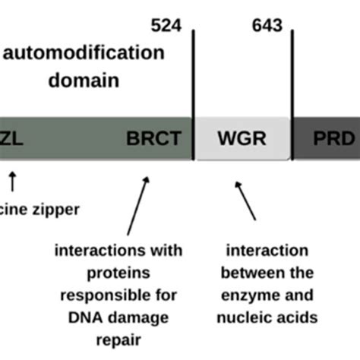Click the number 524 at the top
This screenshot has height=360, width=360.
coord(166,26)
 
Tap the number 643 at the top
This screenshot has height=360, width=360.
coord(267,26)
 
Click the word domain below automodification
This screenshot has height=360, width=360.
coord(84,79)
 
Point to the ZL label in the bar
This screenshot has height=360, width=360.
coord(16,140)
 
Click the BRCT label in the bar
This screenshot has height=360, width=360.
coord(154,140)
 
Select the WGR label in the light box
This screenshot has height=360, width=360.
coord(241,140)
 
